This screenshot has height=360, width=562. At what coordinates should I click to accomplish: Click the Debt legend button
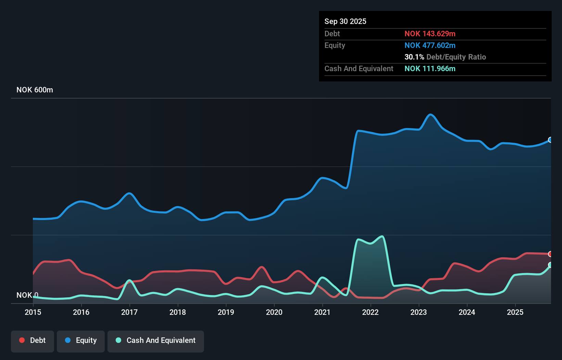33,340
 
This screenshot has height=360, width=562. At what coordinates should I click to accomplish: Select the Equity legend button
81,340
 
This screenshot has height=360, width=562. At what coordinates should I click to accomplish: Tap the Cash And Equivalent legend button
156,340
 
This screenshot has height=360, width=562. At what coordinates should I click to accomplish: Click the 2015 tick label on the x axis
33,312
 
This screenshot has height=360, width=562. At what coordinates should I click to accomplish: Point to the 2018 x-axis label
178,312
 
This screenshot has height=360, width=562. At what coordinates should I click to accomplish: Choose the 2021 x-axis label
322,312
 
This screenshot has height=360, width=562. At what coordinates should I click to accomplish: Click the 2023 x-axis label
419,312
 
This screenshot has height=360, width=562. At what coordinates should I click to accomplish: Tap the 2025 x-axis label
515,312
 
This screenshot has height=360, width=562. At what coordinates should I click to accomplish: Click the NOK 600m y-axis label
35,90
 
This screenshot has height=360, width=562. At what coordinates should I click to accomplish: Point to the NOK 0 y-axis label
27,295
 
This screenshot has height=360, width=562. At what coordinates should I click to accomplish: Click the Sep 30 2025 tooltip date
345,22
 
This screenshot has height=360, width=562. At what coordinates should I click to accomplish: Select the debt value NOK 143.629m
430,34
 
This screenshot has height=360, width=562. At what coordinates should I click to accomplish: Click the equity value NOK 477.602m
430,45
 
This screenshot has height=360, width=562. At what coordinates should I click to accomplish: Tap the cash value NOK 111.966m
430,68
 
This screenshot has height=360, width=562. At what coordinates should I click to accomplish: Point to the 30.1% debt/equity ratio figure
414,57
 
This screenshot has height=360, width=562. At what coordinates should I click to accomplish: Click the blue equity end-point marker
550,140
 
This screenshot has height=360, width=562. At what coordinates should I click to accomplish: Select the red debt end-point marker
550,254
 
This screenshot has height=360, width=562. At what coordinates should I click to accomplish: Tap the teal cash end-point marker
550,265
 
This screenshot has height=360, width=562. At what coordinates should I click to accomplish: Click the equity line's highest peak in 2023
431,115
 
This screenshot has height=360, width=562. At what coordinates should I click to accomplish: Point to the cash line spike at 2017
129,280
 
